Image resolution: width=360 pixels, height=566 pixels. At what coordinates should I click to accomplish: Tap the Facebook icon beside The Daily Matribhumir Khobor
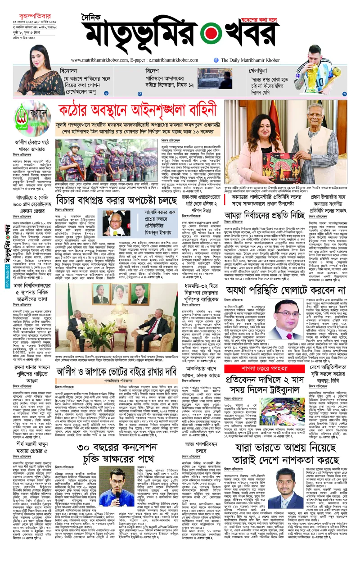(x=216, y=60)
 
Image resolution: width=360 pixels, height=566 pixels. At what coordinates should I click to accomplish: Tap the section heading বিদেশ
(x=154, y=71)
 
